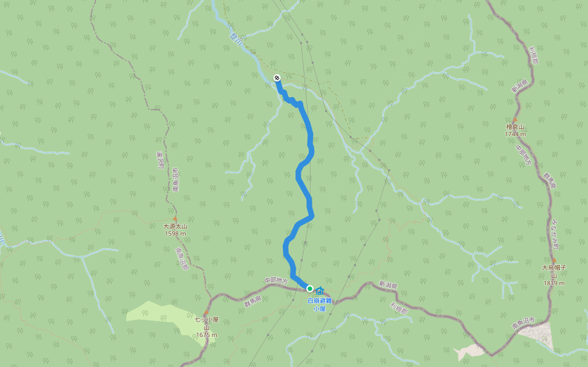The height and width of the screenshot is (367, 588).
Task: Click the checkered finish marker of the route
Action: pos(277,78)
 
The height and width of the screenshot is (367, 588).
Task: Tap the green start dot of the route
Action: pos(310,289)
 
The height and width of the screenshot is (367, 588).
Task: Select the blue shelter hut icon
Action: pos(320,290)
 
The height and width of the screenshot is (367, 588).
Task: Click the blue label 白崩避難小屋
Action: pos(319,305)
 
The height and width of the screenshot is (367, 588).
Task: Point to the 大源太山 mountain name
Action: pos(175,226)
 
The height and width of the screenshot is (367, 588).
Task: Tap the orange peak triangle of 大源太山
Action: pos(175,218)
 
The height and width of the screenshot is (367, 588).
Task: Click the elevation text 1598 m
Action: pos(175,234)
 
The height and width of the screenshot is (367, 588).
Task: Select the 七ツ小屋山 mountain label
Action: pos(207,323)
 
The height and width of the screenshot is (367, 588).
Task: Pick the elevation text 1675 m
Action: pos(207,335)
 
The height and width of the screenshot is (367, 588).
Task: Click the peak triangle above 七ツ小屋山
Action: pos(206,312)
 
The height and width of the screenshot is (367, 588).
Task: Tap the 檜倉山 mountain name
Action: pos(515,127)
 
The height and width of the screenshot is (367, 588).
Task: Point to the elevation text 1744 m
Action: pos(515,134)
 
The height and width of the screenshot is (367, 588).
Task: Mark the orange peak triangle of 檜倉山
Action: pos(515,119)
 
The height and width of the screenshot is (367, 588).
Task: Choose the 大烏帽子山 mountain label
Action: pos(553,271)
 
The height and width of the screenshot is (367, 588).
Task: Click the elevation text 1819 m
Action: pos(553,283)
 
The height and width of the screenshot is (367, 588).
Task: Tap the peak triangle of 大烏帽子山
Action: pos(554,260)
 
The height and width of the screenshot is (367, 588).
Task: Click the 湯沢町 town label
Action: pos(160,161)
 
